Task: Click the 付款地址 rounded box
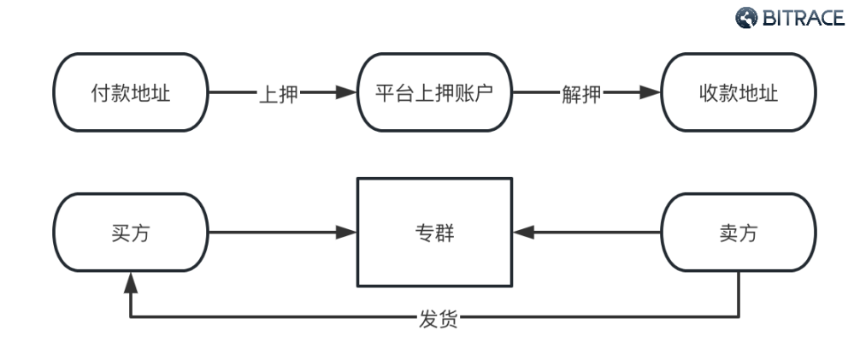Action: coord(131,92)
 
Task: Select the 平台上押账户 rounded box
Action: coord(435,92)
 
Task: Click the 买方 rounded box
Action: coord(131,232)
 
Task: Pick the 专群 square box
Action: coord(435,232)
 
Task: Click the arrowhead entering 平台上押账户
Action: coord(346,92)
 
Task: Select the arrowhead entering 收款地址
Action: coord(651,92)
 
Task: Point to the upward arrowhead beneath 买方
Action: coord(131,280)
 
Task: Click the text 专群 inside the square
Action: coord(435,233)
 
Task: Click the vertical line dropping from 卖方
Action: coord(739,295)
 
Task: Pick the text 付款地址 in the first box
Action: coord(131,93)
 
